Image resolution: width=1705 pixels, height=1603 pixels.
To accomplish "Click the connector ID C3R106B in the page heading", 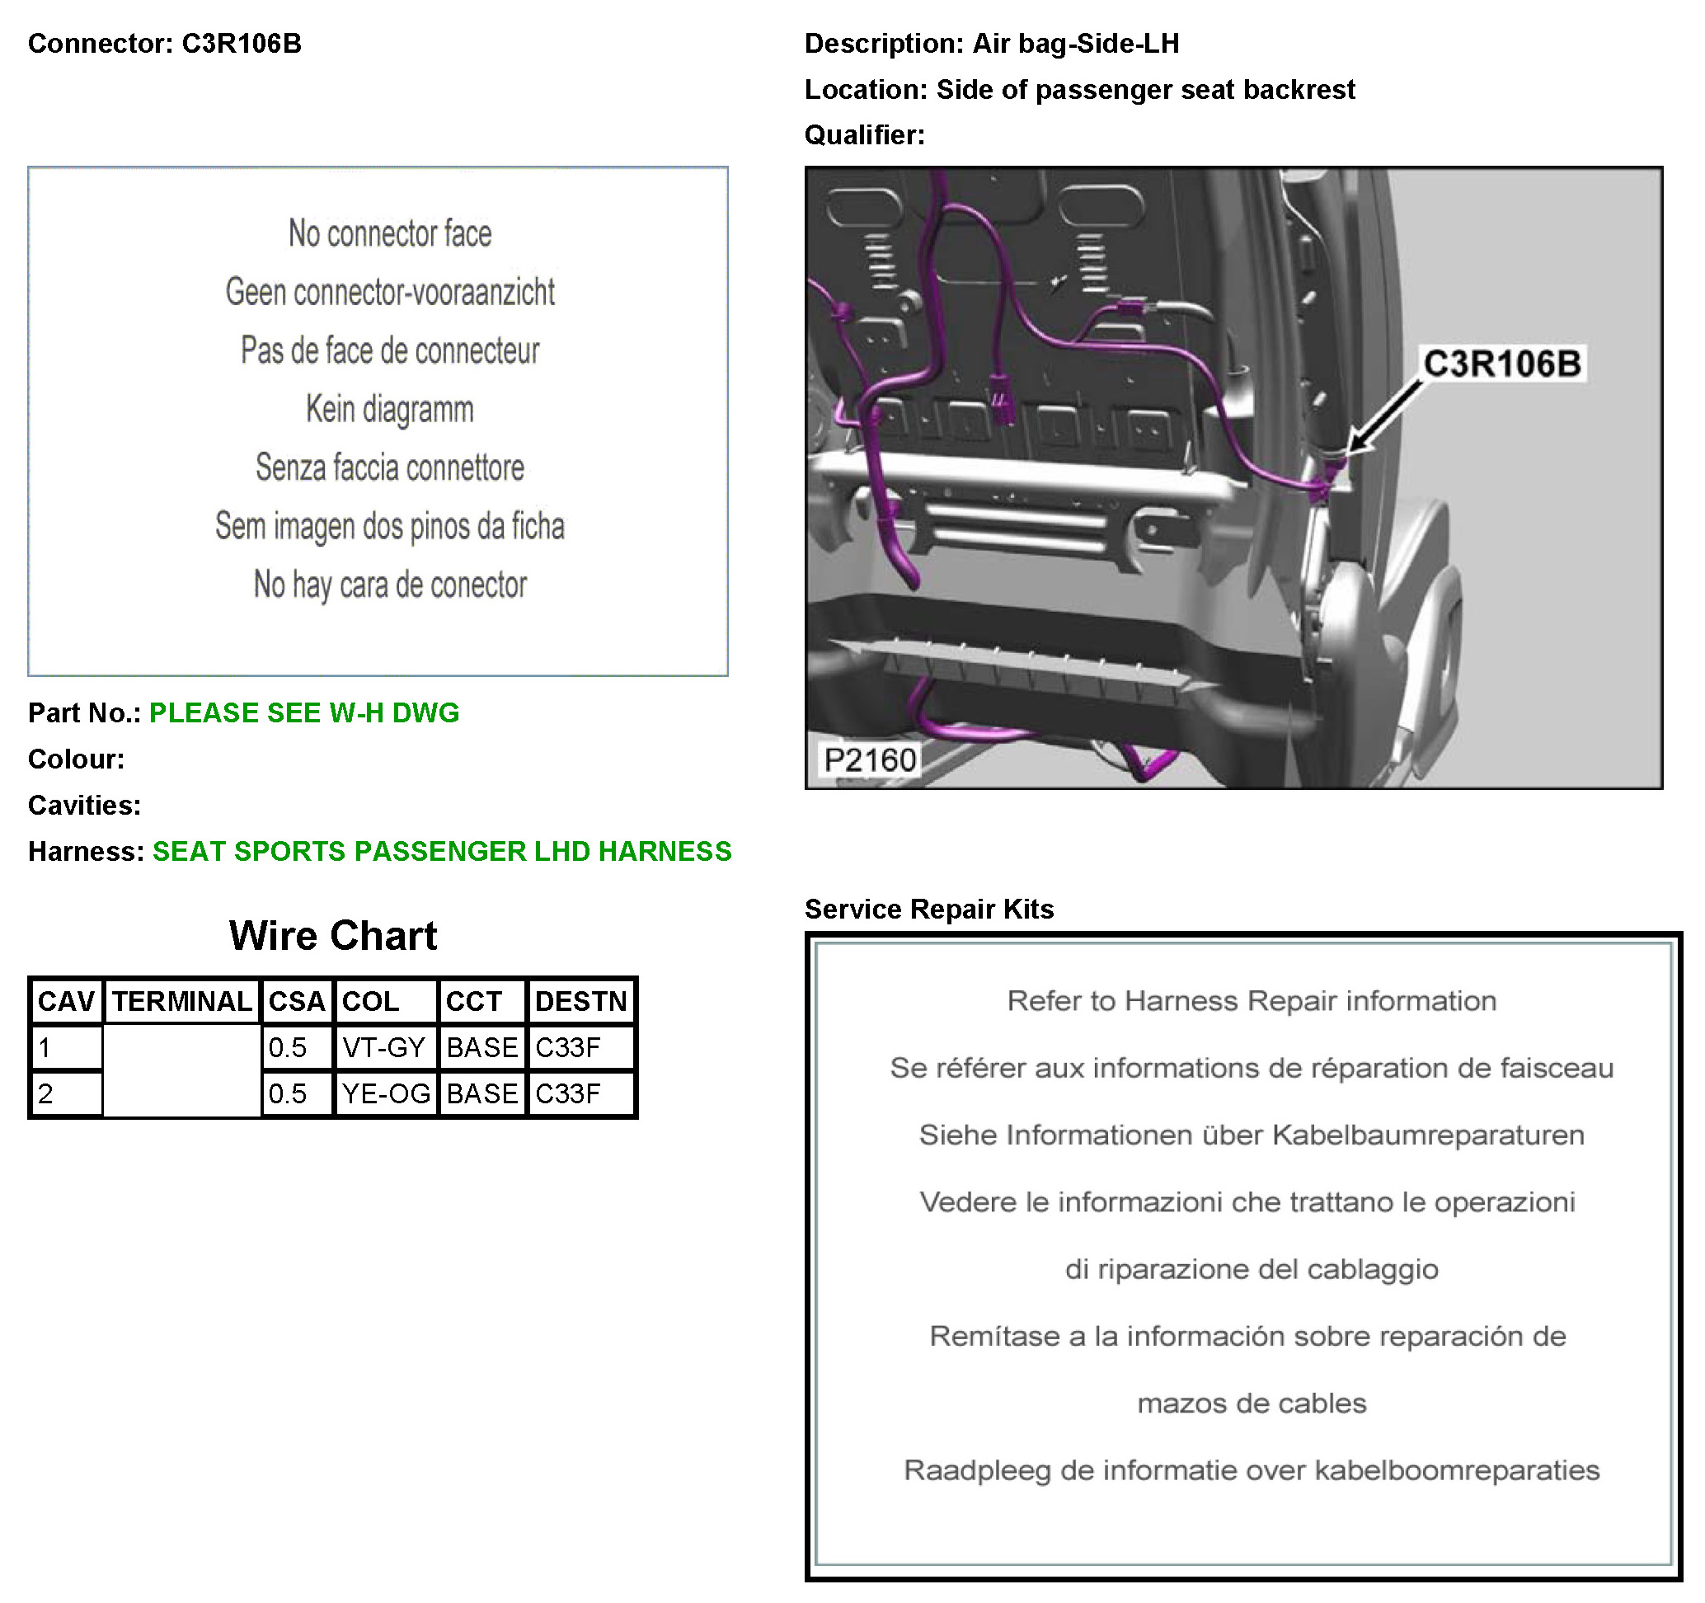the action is [x=242, y=44].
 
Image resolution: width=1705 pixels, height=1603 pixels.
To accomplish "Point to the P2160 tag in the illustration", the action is [x=870, y=760].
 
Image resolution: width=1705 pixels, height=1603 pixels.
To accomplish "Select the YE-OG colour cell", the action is [x=386, y=1093].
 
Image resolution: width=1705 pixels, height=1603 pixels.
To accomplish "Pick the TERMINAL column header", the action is [x=182, y=1001].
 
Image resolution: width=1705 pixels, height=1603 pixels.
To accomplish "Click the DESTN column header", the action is [x=580, y=1001].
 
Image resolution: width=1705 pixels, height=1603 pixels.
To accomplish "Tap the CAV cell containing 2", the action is [x=67, y=1093].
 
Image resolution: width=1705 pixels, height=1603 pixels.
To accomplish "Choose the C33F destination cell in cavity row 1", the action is [x=580, y=1047].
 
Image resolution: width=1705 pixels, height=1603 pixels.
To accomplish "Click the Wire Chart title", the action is [x=333, y=936].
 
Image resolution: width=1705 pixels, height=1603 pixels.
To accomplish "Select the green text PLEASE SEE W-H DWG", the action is [x=304, y=712].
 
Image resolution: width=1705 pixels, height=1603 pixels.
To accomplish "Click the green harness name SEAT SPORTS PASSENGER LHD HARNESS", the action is [x=442, y=851].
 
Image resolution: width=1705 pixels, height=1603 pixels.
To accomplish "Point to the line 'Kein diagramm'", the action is [x=390, y=409].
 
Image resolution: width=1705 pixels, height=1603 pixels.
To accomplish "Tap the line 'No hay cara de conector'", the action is [x=390, y=585].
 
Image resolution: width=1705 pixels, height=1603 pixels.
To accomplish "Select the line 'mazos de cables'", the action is [x=1252, y=1403].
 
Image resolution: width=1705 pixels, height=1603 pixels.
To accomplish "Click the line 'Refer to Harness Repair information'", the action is [x=1252, y=1001].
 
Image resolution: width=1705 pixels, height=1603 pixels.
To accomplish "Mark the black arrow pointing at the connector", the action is [x=1384, y=417].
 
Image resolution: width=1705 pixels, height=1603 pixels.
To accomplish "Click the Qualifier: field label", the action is [x=865, y=135].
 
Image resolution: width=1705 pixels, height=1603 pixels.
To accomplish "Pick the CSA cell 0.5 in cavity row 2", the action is [x=297, y=1093].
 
